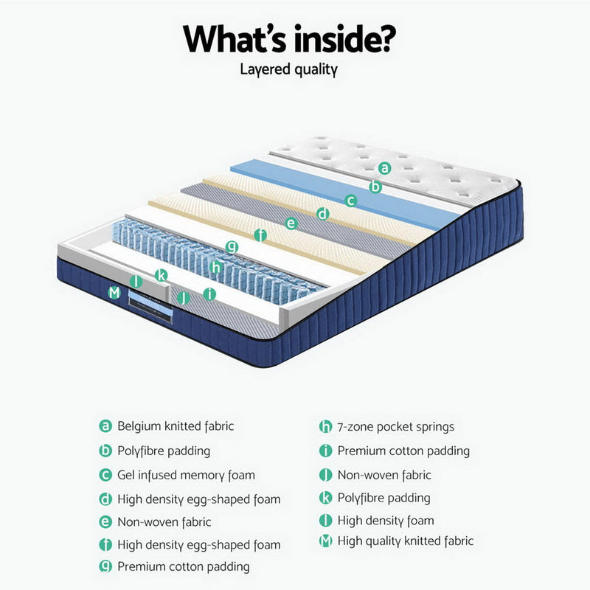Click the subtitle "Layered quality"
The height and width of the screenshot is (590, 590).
pos(289,70)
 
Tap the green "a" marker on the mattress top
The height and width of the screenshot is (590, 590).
pos(384,167)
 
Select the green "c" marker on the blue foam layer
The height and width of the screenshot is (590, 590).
pos(352,199)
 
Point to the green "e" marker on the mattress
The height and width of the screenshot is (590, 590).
pos(291,223)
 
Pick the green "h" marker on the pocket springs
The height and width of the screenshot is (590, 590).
pos(215,267)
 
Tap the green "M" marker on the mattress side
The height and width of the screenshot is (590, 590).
pos(114,293)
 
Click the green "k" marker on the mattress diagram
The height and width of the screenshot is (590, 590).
pos(162,275)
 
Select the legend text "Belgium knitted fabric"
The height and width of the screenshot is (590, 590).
pos(176,426)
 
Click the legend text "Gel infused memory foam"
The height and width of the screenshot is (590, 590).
pos(186,475)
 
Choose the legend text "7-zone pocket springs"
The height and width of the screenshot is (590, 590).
pos(395,427)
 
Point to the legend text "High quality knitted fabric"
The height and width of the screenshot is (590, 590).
pos(405,541)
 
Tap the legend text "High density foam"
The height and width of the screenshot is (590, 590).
pos(385,521)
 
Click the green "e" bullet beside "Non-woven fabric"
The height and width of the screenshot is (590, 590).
pos(105,522)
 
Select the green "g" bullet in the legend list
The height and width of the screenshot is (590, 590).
pos(105,566)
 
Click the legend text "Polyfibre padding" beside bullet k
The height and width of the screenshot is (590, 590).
pos(383,498)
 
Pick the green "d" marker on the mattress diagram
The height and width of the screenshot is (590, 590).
pos(322,214)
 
